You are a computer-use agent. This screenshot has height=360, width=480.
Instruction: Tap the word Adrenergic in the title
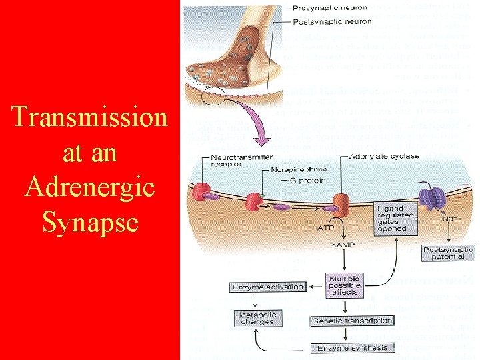point(89,186)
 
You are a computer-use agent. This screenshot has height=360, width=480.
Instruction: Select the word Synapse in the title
point(89,221)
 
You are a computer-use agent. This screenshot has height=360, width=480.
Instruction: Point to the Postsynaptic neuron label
point(331,21)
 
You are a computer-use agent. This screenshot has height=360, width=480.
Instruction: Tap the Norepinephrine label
point(300,169)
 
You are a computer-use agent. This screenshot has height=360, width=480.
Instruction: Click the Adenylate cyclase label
point(384,156)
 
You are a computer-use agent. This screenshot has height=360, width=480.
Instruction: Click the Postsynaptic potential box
point(448,253)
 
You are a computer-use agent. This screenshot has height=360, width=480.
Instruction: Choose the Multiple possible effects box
point(344,285)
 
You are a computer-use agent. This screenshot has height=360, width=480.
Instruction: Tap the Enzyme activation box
point(267,287)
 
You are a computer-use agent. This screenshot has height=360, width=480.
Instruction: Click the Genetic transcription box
point(352,321)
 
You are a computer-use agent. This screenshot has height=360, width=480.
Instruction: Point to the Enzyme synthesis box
point(351,348)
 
